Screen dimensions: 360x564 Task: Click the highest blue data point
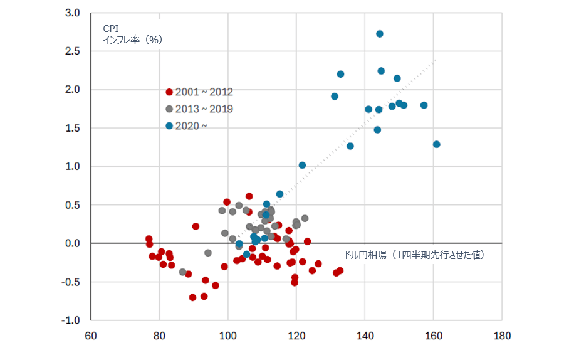coord(380,34)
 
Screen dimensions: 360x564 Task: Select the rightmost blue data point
coord(437,144)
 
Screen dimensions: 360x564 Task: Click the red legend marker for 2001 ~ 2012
coord(169,92)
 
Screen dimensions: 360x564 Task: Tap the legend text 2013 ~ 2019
coord(204,109)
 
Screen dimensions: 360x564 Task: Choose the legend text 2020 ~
coord(192,125)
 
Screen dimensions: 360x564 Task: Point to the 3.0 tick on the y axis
coord(73,13)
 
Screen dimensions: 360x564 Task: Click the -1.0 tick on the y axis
coord(71,320)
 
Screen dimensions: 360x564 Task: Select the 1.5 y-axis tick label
coord(73,128)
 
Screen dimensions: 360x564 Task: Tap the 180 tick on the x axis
coord(501,336)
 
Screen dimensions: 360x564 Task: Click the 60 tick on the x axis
coord(91,336)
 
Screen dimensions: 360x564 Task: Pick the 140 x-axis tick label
coord(365,336)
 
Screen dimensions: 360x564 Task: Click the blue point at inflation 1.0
coord(302,165)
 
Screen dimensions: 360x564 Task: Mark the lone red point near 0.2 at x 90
coord(196,226)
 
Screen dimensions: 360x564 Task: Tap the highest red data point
coord(249,196)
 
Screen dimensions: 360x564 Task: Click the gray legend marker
coord(169,109)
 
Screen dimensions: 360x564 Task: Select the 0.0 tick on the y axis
coord(73,243)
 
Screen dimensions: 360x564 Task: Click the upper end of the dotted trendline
coord(435,60)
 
